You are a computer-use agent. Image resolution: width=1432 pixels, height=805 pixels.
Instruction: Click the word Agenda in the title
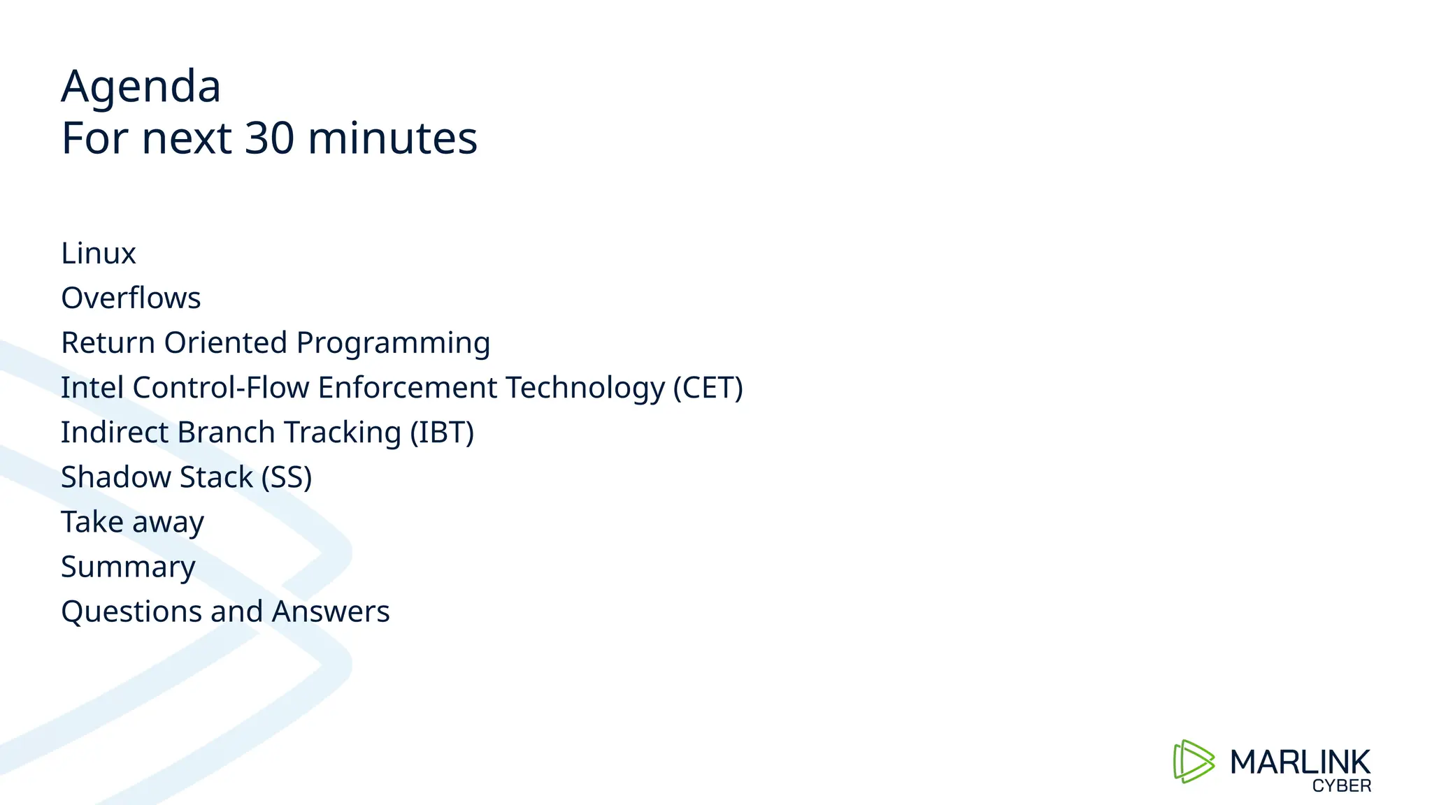point(141,87)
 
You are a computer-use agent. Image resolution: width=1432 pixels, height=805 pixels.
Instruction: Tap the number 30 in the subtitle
point(270,138)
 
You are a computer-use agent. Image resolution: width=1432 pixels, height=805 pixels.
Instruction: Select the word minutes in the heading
point(392,138)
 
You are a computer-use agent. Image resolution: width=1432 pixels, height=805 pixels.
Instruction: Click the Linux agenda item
point(99,253)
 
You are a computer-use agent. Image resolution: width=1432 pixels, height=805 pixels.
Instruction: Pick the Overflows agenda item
point(131,298)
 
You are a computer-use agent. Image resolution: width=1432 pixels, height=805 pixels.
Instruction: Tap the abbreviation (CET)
point(708,388)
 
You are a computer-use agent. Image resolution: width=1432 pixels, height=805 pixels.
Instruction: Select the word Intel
point(92,387)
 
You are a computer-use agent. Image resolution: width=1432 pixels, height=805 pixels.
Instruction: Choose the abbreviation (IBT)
point(442,433)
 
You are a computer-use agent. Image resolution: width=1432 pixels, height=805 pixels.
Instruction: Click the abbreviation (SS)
point(287,477)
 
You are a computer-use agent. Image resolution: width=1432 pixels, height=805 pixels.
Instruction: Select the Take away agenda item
point(132,522)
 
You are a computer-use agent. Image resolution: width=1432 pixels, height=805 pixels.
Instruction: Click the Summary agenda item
point(128,567)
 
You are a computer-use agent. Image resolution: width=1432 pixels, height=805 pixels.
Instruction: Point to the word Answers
point(330,611)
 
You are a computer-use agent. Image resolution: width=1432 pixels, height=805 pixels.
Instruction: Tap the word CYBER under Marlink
point(1341,786)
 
